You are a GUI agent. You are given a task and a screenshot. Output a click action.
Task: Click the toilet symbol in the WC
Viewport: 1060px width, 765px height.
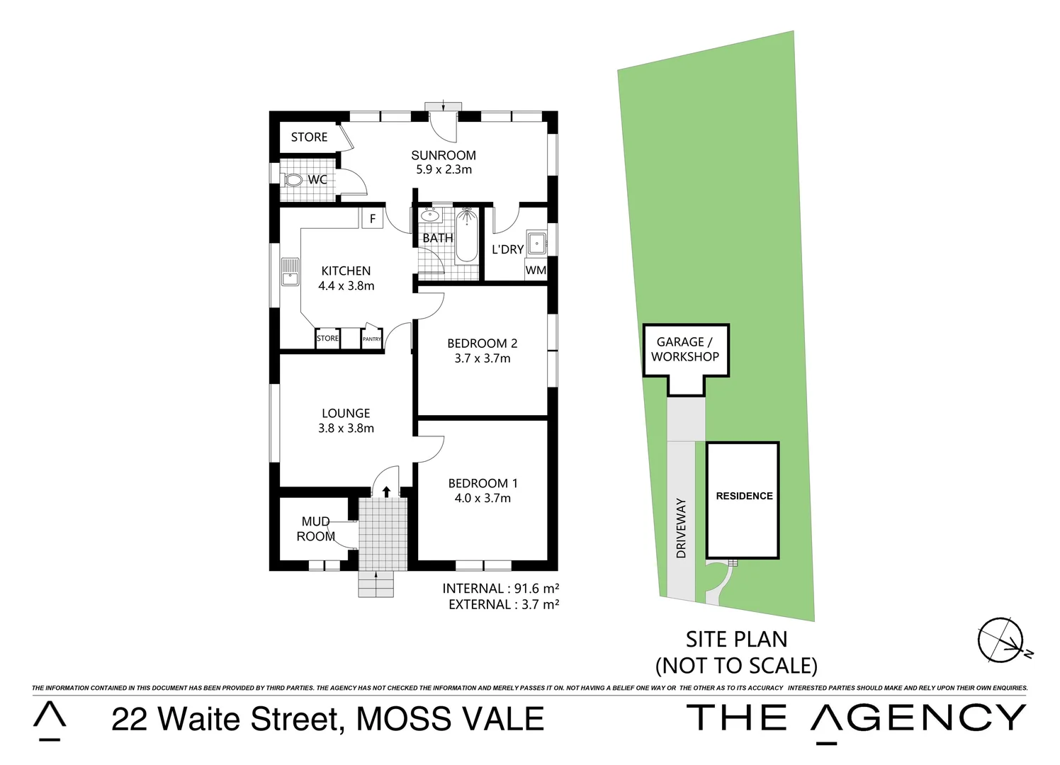[293, 180]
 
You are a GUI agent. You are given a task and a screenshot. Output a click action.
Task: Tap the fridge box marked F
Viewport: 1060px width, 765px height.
[373, 218]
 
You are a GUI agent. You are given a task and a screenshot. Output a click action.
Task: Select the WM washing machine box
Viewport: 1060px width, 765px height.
[536, 270]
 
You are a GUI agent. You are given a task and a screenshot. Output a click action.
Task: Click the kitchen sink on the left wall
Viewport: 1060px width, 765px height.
[289, 271]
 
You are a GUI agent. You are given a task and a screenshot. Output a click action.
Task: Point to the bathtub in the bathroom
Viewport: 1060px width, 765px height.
[466, 236]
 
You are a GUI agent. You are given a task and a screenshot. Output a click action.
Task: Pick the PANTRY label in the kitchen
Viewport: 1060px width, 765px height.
[372, 339]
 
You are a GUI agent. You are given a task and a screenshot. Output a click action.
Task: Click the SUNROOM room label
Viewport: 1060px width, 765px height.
[444, 155]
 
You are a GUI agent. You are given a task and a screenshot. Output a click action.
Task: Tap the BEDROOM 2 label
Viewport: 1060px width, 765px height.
[482, 344]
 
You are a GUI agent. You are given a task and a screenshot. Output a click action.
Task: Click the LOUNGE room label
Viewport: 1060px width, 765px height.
[346, 413]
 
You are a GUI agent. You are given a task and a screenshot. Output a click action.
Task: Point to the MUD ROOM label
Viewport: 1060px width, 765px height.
[315, 528]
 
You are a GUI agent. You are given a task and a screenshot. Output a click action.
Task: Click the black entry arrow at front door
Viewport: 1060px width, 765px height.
[385, 491]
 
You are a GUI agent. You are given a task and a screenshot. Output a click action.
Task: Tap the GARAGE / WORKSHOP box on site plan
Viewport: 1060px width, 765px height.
[685, 350]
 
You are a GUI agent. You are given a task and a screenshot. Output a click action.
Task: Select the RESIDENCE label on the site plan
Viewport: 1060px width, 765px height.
[744, 496]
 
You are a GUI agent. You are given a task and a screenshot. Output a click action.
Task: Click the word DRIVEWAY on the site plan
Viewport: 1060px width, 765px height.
[682, 528]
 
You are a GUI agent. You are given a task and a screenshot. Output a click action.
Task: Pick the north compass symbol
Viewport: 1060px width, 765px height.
[1000, 640]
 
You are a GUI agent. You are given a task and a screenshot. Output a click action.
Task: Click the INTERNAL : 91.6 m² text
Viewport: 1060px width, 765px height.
[500, 588]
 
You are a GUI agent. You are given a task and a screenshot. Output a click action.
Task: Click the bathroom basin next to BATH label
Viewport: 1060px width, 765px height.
[429, 215]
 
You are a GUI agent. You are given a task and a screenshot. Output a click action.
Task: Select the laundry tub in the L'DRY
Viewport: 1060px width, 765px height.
[536, 243]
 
